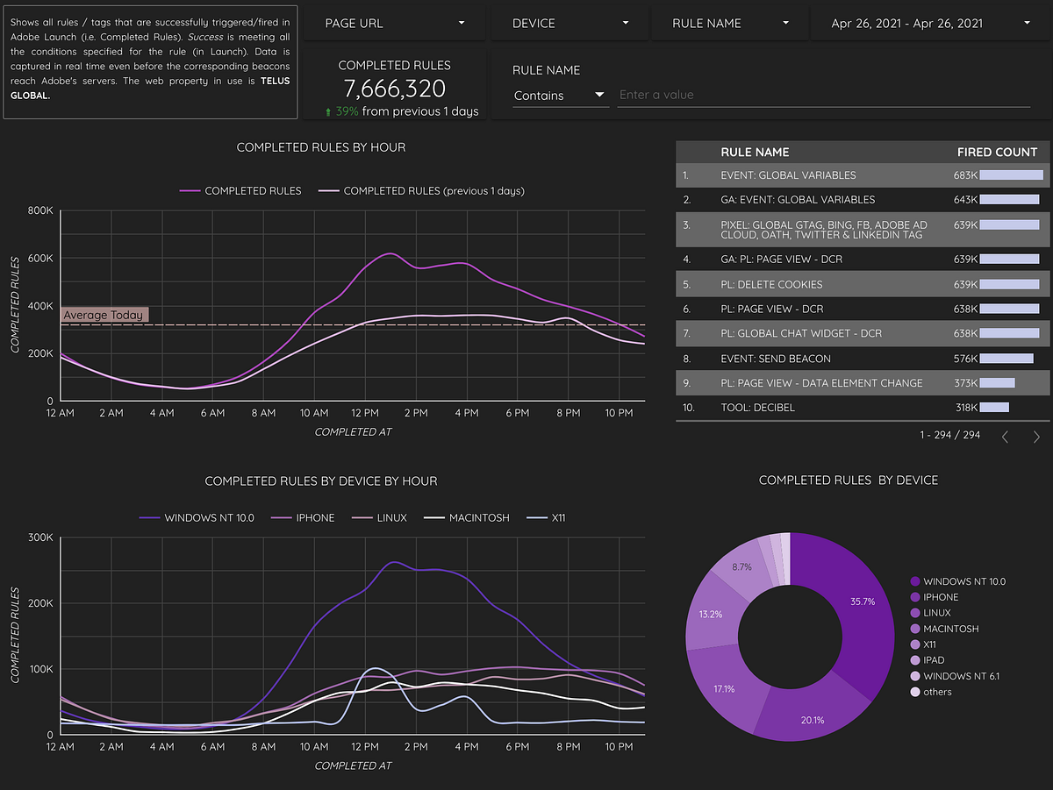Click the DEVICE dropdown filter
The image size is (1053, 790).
tap(570, 23)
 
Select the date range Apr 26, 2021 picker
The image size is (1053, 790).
tap(931, 23)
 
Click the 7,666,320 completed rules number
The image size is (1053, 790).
tap(395, 89)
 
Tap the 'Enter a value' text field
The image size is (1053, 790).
tap(823, 95)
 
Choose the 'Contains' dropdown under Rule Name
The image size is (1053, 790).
tap(560, 95)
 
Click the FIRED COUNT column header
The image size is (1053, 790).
tap(997, 152)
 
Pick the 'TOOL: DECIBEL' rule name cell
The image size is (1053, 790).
tap(757, 408)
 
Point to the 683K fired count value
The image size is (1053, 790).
tap(965, 175)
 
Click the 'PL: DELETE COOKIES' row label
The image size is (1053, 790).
tap(771, 284)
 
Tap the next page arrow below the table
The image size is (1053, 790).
tap(1036, 436)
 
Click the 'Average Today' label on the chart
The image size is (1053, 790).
tap(103, 315)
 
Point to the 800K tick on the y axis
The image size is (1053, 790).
tap(40, 210)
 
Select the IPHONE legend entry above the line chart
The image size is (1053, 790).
tap(314, 517)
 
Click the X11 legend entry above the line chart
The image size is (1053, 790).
tap(558, 517)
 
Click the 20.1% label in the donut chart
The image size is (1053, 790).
tap(813, 721)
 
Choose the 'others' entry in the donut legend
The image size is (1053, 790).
tap(937, 692)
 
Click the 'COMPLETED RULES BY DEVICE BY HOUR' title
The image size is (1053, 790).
tap(321, 480)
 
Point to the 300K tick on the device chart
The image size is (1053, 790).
tap(40, 537)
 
